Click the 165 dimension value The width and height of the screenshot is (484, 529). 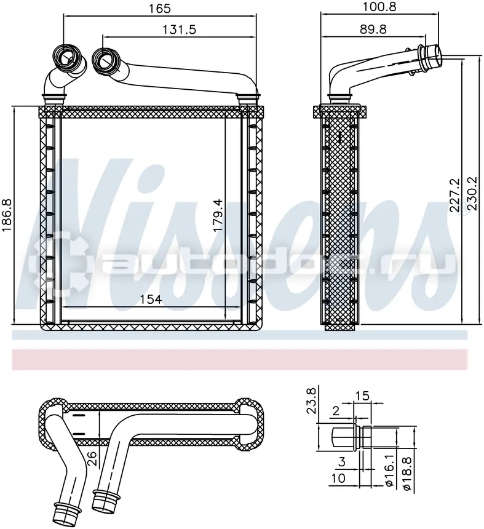160,9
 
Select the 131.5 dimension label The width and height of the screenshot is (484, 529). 179,30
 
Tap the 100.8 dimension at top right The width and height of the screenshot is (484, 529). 379,6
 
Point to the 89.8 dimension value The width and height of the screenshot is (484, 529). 373,30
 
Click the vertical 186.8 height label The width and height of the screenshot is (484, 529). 7,215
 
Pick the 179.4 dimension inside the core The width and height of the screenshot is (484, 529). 218,215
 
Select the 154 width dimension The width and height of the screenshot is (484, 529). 151,299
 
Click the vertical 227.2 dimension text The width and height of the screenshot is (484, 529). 454,195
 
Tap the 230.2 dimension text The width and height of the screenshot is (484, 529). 472,194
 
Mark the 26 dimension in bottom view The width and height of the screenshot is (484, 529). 92,459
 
